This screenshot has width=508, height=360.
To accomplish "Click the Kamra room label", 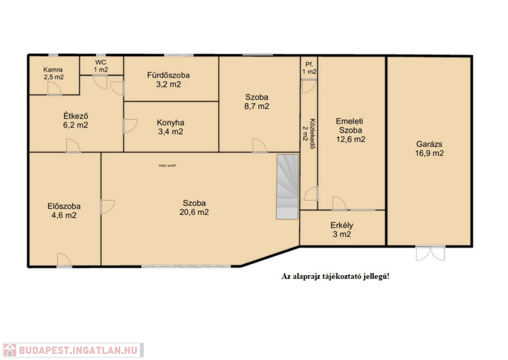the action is (53, 70).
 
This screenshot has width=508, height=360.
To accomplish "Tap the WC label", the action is (101, 62).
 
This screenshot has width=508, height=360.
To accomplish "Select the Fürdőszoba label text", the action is (169, 75).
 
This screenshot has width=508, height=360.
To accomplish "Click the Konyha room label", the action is (171, 123).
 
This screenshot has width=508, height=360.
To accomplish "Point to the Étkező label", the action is (75, 116).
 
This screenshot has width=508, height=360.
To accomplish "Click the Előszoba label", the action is (64, 206).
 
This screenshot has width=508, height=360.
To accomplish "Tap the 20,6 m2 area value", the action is (194, 212).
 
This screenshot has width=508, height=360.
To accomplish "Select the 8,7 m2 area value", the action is (256, 106).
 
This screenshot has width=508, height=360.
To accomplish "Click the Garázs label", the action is (429, 144).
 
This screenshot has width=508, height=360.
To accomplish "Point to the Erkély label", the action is (342, 225).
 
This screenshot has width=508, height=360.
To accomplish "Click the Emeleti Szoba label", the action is (350, 126).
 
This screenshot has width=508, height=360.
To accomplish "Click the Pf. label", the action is (310, 65).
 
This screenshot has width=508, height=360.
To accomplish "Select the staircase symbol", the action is (287, 187).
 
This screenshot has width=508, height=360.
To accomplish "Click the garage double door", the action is (431, 253).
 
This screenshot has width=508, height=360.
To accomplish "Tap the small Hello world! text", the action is (167, 165).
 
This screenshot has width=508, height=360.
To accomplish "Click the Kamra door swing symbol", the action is (55, 88).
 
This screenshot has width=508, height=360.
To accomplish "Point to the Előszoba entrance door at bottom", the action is (64, 260).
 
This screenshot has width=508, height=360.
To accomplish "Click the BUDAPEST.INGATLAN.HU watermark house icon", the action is (9, 350).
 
